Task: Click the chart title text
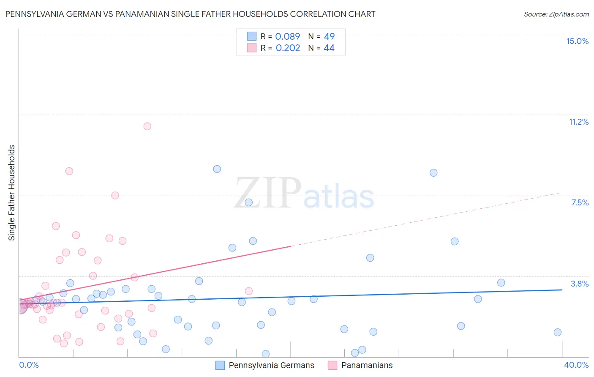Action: (190, 14)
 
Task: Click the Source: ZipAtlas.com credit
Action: (556, 14)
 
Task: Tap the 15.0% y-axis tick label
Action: (577, 41)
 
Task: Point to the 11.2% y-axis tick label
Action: (578, 122)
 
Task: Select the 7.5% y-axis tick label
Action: (580, 202)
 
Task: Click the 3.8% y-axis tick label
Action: (580, 284)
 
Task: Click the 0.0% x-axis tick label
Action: (29, 365)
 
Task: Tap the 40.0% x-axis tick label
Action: (576, 365)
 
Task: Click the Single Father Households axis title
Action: (12, 193)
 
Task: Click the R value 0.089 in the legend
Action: (287, 36)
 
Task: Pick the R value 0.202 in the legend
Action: (288, 48)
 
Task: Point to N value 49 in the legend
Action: (329, 36)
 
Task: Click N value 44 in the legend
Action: (329, 48)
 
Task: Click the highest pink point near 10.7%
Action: (147, 126)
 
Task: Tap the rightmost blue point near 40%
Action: (558, 332)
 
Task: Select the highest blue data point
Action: (217, 169)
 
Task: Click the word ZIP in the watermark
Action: (268, 193)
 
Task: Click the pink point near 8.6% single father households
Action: (69, 171)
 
